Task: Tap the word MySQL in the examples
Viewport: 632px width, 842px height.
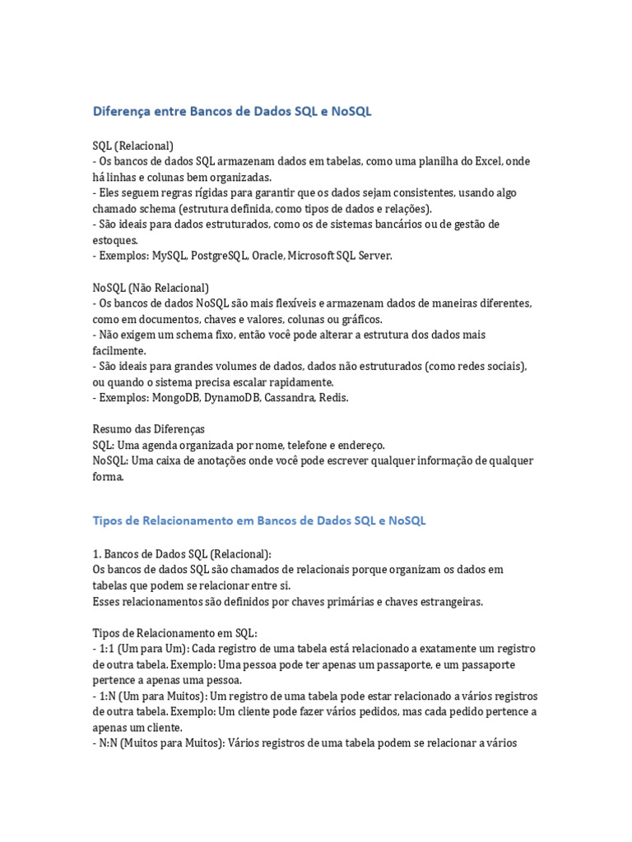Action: [x=168, y=256]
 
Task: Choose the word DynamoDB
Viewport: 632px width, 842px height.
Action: [x=236, y=397]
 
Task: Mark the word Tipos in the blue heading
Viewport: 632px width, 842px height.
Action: [x=108, y=520]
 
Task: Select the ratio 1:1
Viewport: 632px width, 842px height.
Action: [x=107, y=648]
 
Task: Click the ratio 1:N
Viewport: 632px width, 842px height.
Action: [x=107, y=696]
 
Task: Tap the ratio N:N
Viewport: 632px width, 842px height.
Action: [x=109, y=743]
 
